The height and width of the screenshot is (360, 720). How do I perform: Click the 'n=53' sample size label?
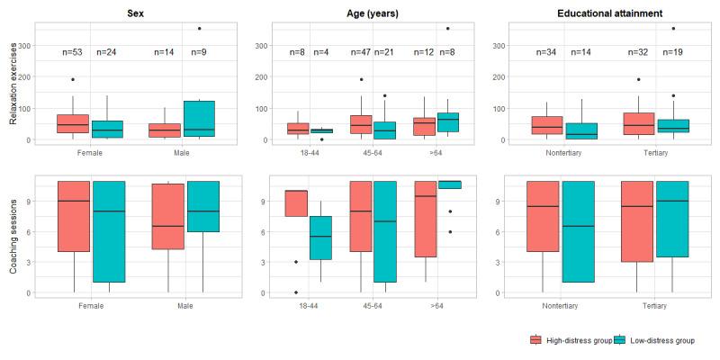73,52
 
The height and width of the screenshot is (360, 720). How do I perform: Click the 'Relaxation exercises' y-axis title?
13,88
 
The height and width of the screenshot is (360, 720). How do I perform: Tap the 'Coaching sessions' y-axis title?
13,238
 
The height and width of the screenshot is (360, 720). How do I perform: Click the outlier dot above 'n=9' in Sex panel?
199,29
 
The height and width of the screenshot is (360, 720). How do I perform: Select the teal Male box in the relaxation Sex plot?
199,118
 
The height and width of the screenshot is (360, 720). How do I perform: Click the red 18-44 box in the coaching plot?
297,203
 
